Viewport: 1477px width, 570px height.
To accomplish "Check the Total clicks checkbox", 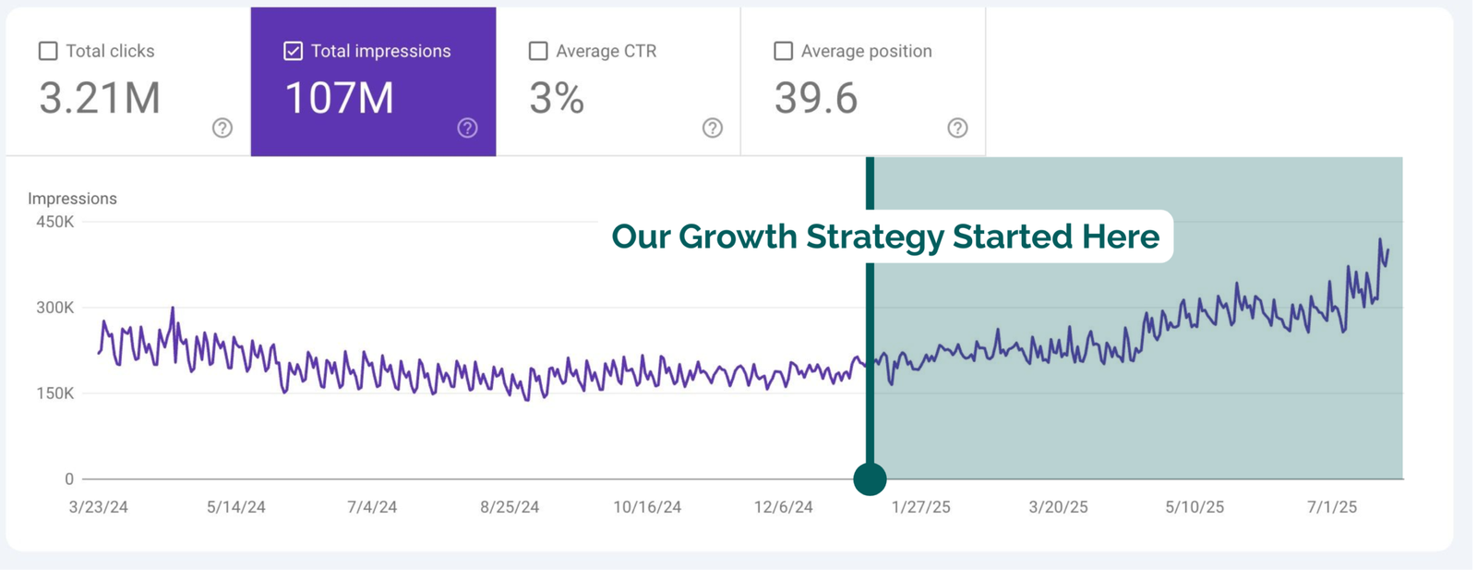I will tap(48, 51).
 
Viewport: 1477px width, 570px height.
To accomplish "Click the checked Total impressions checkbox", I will tap(293, 51).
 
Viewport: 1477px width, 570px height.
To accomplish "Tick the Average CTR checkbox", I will tap(538, 51).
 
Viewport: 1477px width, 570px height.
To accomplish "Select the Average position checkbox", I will tap(783, 51).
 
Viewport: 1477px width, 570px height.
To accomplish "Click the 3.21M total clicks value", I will tap(100, 98).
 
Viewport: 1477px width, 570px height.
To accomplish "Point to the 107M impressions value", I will tap(339, 98).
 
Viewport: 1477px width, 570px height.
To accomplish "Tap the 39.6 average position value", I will tap(816, 98).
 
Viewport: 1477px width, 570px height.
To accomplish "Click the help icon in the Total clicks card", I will tap(222, 127).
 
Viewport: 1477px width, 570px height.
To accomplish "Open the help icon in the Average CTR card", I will tap(713, 127).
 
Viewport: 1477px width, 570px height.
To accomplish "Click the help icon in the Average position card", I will tap(957, 127).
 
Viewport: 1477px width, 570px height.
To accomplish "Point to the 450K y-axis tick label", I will tap(55, 222).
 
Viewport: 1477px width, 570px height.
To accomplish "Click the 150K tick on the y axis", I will tap(55, 394).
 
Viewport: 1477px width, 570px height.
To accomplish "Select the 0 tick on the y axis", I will tap(69, 479).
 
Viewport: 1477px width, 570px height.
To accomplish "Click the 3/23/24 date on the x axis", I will tap(99, 507).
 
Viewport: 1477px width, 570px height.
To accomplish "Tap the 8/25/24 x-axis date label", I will tap(510, 507).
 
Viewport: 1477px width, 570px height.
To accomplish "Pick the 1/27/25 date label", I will tap(921, 507).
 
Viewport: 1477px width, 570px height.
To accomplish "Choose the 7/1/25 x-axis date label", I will tap(1332, 507).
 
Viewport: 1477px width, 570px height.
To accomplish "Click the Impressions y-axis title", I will tap(72, 199).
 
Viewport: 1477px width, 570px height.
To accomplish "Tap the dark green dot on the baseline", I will tap(870, 479).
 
